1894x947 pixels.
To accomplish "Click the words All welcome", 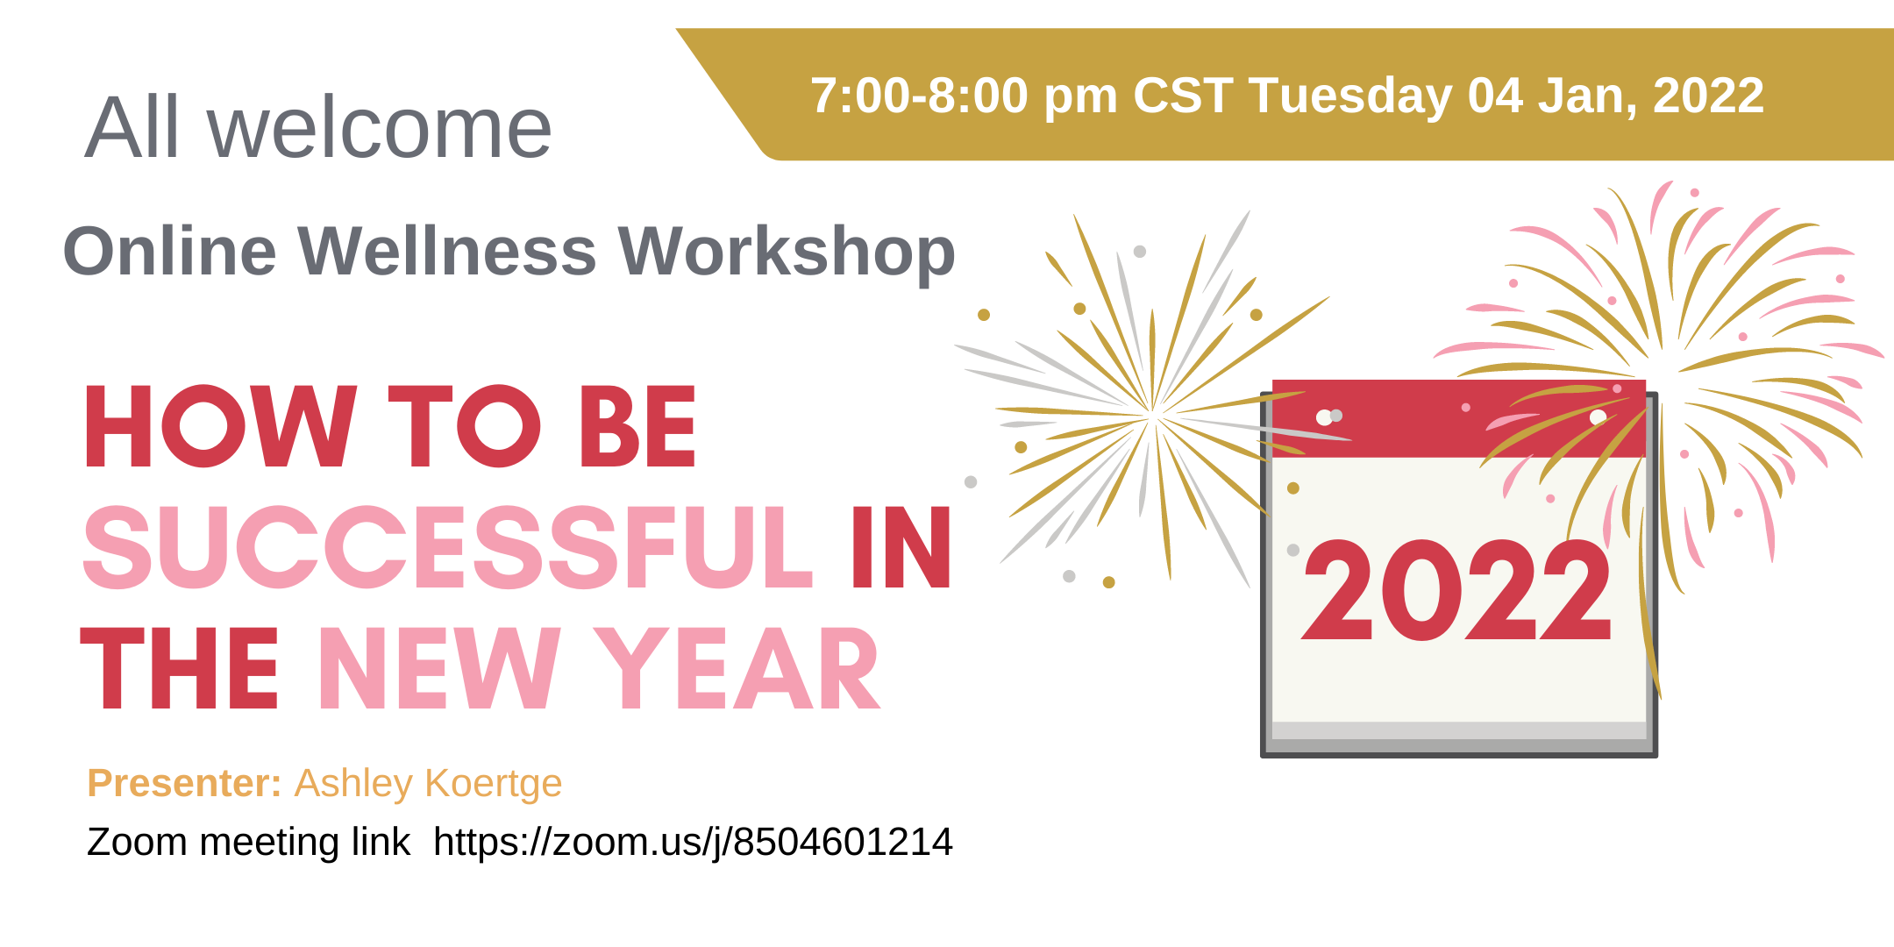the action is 318,128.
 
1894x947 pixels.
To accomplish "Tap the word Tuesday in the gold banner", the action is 1350,96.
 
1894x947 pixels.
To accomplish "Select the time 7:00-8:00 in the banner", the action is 919,96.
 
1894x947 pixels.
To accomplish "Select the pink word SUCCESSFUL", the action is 447,547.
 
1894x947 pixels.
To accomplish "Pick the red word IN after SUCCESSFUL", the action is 901,547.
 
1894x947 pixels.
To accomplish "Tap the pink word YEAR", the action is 737,668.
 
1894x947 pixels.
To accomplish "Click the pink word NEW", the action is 438,668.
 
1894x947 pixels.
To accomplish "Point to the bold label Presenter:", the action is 184,783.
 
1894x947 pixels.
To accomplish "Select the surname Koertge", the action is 494,784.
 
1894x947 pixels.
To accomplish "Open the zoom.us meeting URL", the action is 693,842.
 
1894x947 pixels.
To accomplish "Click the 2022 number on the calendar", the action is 1456,589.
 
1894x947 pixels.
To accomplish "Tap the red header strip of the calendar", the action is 1458,418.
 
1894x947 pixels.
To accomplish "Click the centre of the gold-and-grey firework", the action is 1153,412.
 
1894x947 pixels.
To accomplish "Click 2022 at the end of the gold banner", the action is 1708,96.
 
